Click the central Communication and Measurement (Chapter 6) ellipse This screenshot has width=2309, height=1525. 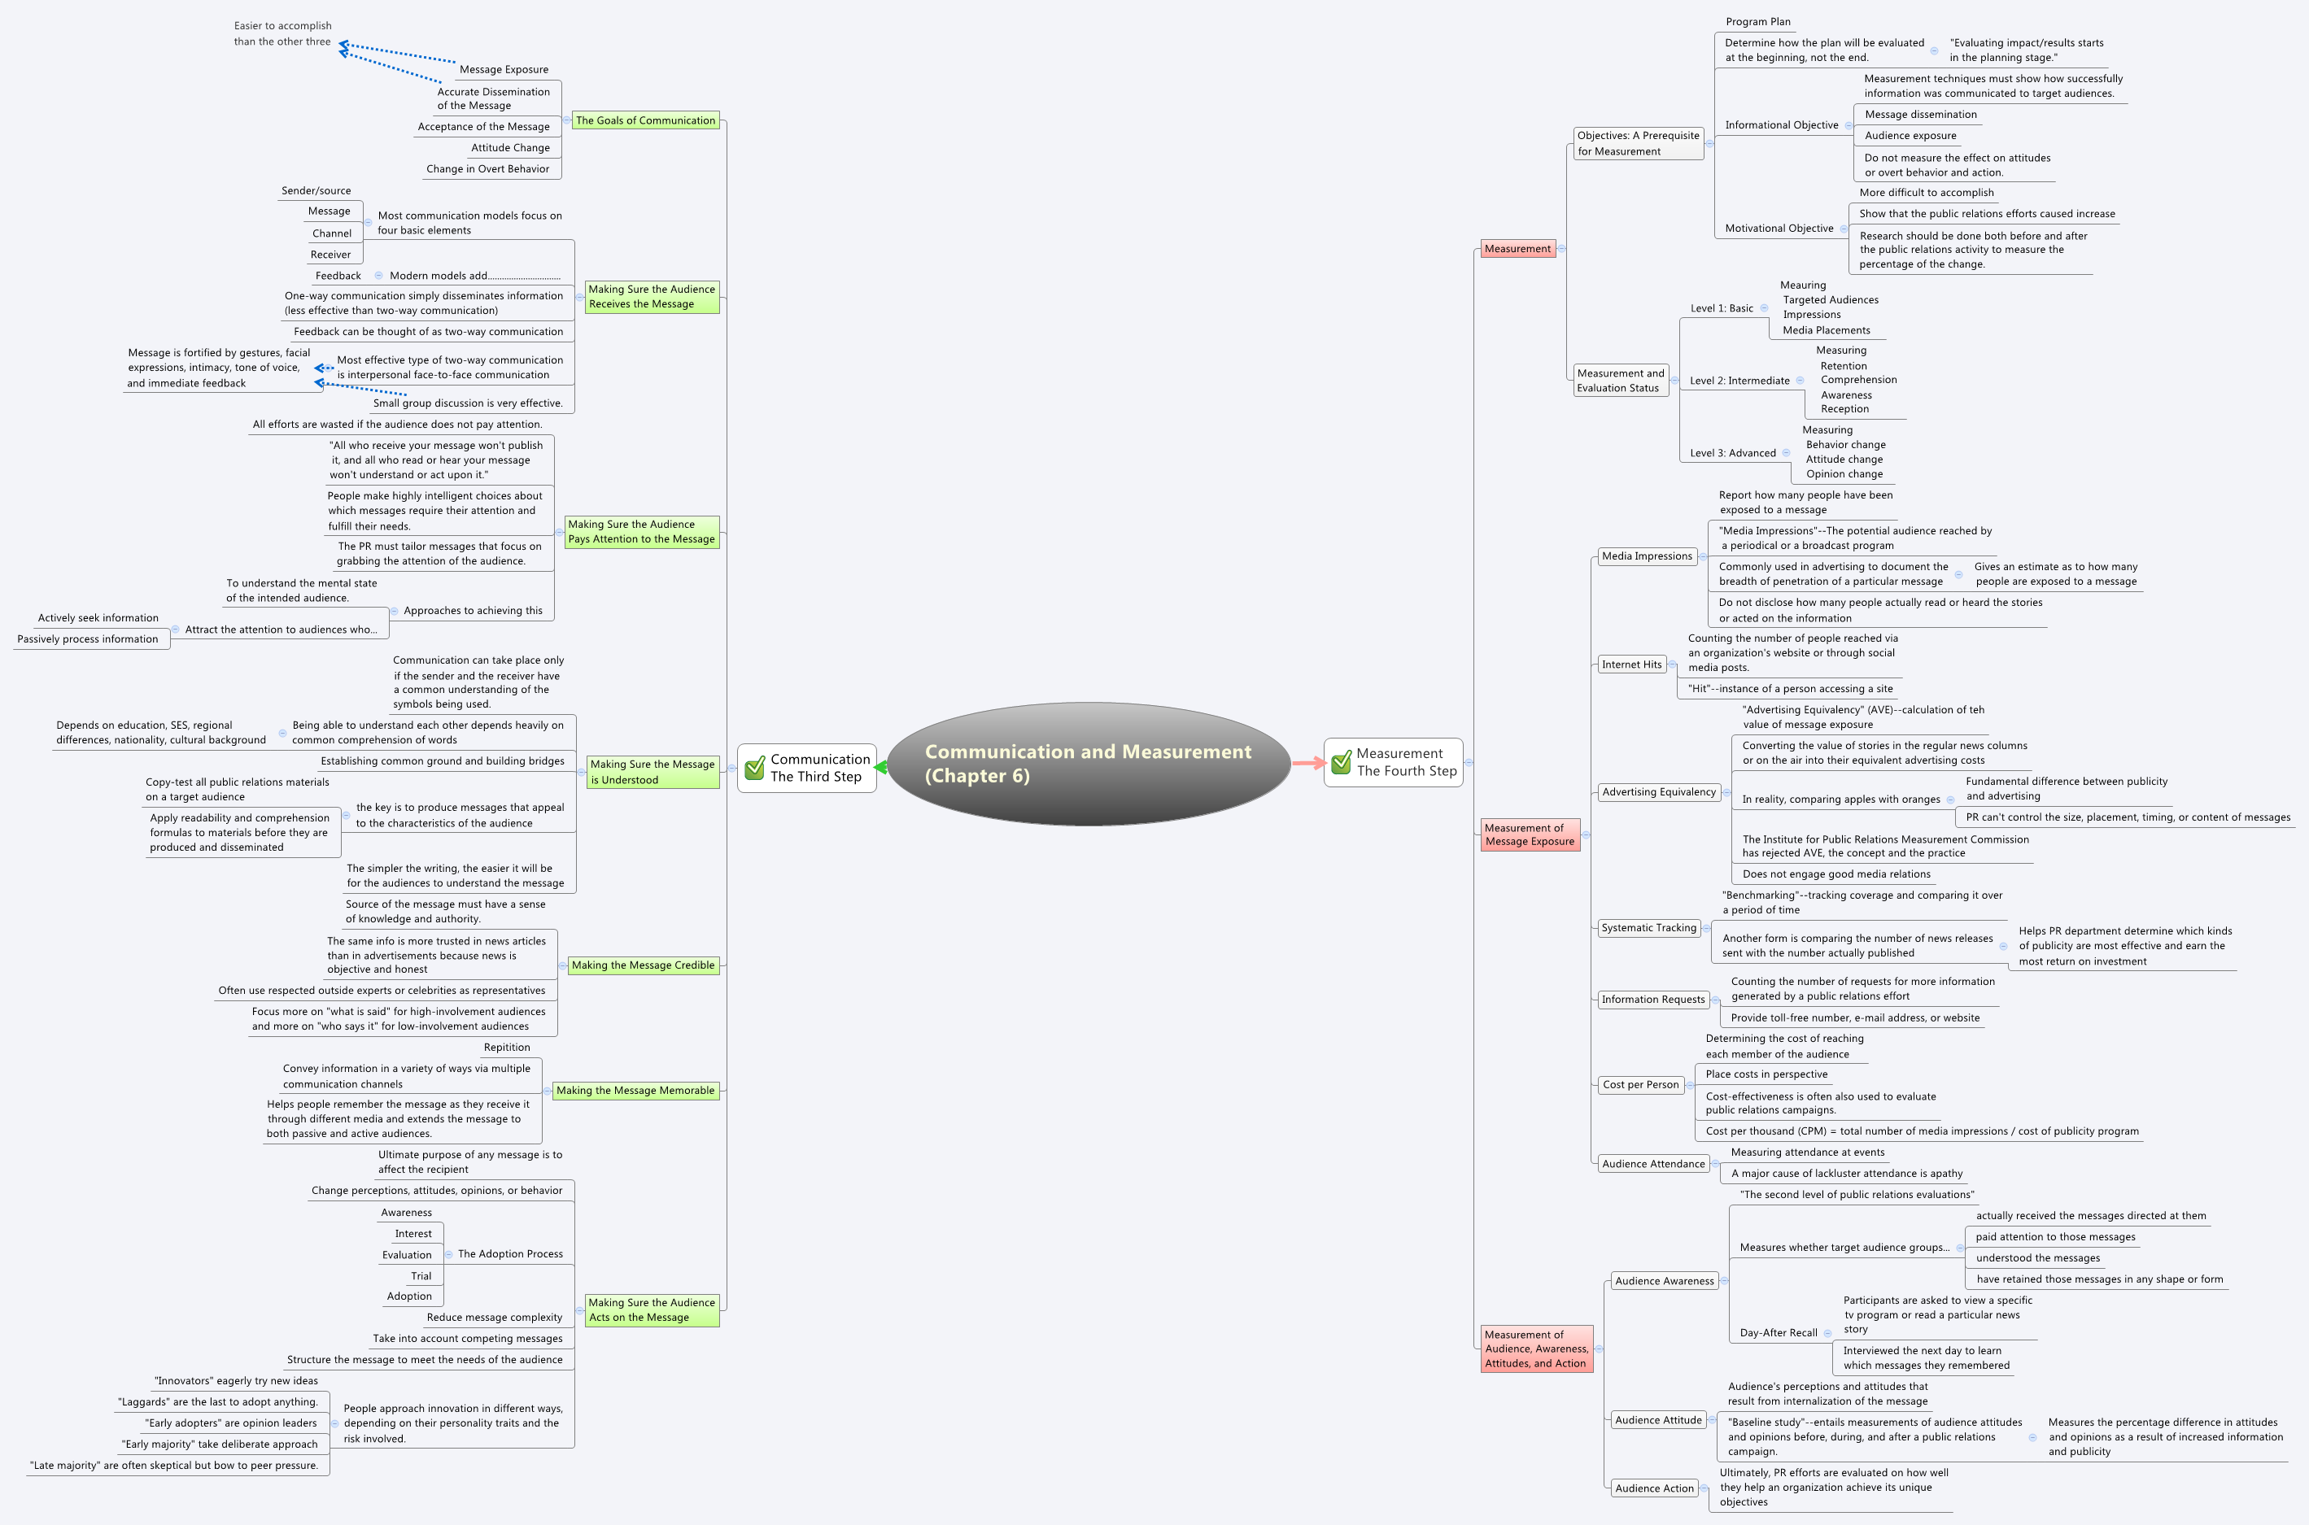(1088, 764)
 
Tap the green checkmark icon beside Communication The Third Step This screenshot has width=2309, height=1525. (755, 769)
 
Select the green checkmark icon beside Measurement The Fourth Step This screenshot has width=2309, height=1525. (1342, 763)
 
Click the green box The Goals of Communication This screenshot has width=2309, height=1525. (645, 120)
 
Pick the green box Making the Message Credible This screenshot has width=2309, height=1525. (643, 965)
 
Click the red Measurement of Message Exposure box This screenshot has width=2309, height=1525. (1529, 834)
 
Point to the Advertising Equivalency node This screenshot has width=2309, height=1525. (1658, 791)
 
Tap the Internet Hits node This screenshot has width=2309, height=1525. (1631, 664)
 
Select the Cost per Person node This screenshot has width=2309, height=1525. (1640, 1084)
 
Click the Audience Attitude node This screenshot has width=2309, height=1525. (1657, 1420)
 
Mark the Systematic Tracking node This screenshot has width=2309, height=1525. (1648, 928)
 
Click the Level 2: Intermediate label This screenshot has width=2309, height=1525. (1739, 381)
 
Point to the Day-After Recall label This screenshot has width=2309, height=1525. (1778, 1332)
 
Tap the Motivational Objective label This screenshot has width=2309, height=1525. (1778, 229)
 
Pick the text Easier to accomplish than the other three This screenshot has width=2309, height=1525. (282, 34)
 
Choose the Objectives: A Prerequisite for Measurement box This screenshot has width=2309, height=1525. (1638, 143)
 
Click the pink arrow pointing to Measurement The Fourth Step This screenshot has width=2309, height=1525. (1307, 764)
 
